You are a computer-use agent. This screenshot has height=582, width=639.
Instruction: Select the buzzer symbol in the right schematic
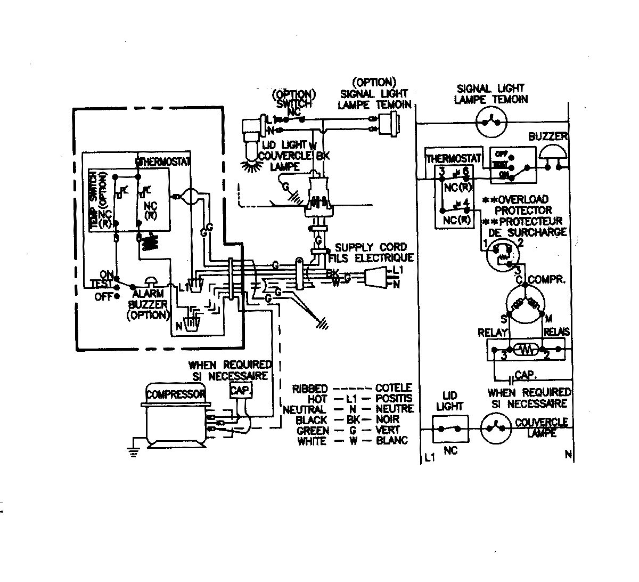[x=553, y=155]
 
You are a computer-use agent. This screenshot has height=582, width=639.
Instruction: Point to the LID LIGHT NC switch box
[x=450, y=429]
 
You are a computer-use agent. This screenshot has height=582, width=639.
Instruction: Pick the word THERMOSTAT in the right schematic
[x=454, y=159]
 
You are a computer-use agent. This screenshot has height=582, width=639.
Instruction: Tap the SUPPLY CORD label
[x=371, y=247]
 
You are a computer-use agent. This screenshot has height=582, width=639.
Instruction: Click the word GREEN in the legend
[x=312, y=430]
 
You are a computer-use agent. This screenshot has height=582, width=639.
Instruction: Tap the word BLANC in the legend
[x=391, y=440]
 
